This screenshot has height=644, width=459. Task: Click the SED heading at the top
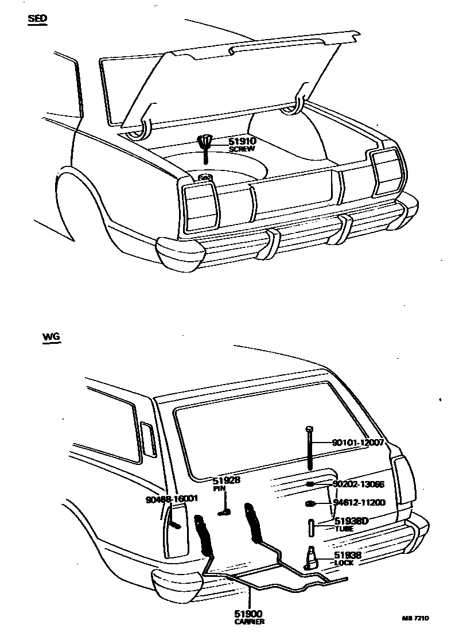tap(38, 18)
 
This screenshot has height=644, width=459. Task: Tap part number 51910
tap(242, 141)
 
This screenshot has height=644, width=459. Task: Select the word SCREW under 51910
tap(242, 149)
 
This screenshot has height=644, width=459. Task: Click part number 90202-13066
tap(359, 484)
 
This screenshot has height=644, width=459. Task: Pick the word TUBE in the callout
tap(344, 529)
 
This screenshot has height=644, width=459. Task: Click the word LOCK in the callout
tap(344, 563)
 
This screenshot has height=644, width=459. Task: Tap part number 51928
tap(226, 481)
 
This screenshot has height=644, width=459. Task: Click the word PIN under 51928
tap(220, 489)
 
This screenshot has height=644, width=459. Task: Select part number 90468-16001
tap(172, 499)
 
